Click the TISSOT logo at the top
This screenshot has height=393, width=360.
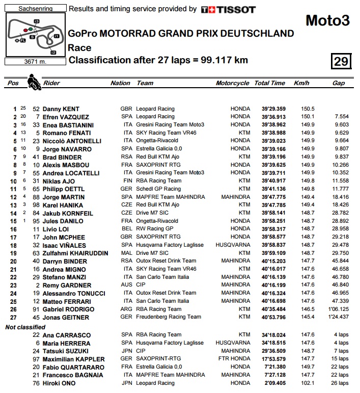(x=228, y=9)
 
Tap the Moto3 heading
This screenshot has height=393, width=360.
(x=327, y=20)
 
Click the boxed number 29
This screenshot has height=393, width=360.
(x=341, y=61)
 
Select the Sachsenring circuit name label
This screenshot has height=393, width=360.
(x=35, y=9)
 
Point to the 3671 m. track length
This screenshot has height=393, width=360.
(x=35, y=62)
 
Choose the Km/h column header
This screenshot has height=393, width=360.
(x=301, y=83)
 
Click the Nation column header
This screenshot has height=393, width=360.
(x=120, y=83)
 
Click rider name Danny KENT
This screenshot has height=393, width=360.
(x=62, y=109)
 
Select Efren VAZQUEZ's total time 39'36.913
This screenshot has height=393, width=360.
(x=270, y=117)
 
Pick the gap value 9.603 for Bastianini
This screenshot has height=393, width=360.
(x=340, y=125)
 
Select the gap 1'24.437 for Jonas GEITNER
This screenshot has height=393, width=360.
(x=338, y=317)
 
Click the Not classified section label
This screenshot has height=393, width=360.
(x=25, y=326)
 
